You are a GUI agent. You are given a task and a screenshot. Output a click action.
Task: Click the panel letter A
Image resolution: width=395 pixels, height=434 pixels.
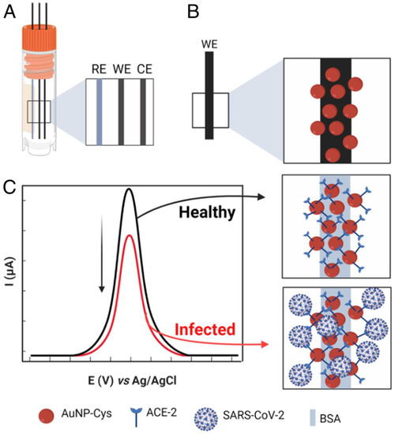(x=13, y=14)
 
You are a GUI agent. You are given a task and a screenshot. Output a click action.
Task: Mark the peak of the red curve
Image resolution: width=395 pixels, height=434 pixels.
(x=129, y=234)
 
